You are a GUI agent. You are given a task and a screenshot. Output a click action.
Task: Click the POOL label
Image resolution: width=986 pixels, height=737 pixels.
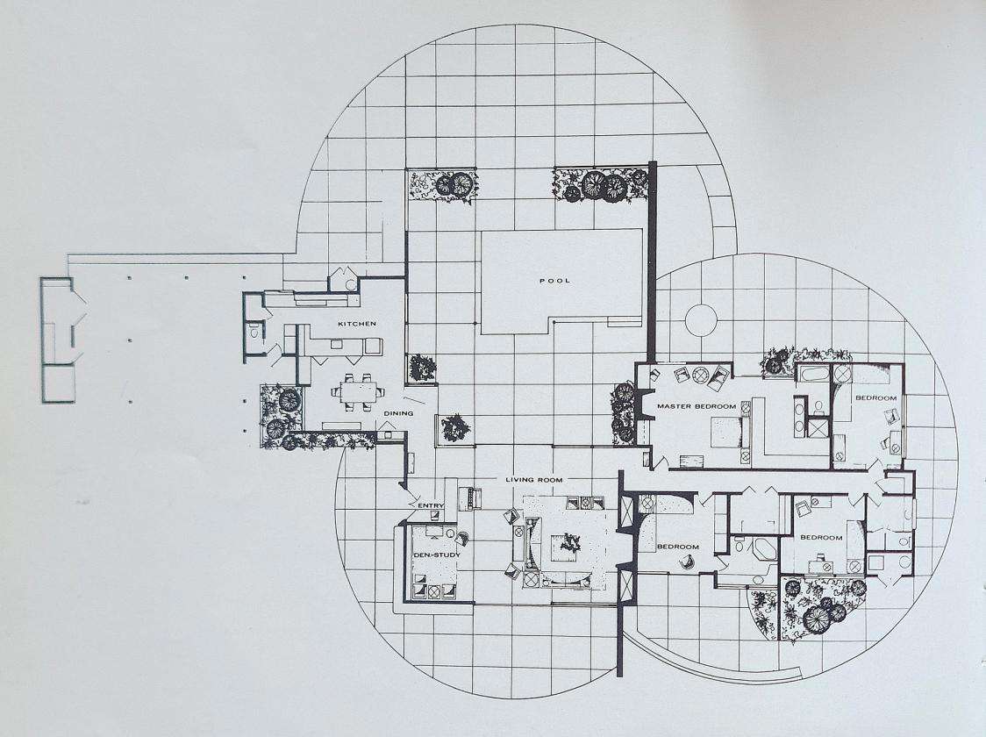tap(554, 281)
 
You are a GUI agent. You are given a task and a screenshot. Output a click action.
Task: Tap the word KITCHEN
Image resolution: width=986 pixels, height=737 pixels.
tap(356, 324)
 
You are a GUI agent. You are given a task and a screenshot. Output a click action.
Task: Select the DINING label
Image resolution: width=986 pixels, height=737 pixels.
tap(398, 413)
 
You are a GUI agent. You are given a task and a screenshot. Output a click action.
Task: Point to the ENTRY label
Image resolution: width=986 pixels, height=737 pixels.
tap(431, 505)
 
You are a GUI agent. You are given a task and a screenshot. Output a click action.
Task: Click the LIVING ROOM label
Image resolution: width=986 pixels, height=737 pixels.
tap(534, 480)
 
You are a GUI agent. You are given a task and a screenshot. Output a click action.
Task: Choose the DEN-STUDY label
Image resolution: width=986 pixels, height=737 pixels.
tap(436, 555)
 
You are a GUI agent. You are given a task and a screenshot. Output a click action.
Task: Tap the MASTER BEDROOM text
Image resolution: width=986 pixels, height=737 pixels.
tap(697, 406)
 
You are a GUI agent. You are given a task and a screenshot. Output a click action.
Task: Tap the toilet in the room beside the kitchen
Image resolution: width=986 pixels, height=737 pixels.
tap(254, 332)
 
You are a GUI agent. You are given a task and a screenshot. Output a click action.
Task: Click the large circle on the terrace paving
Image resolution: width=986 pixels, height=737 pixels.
tap(701, 320)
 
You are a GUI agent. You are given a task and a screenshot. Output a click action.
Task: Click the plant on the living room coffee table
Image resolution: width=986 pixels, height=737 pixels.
tap(570, 544)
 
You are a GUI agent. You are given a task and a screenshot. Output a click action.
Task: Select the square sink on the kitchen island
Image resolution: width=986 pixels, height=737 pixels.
tap(337, 345)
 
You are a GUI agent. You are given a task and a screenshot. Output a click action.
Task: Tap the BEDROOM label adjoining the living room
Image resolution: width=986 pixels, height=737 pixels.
tap(678, 547)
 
